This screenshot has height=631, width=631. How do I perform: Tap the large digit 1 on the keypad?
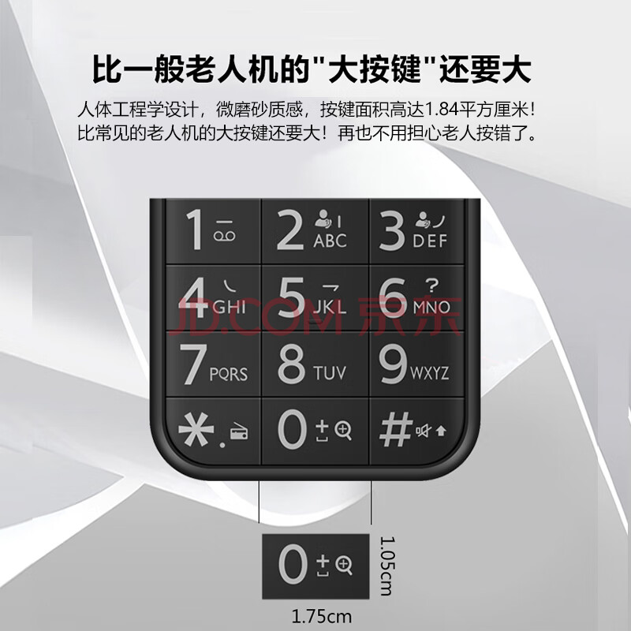coord(196,230)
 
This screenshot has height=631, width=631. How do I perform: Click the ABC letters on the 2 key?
coord(330,241)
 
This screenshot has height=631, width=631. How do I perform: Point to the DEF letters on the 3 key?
coord(430,241)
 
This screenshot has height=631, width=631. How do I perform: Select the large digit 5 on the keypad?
coord(292,297)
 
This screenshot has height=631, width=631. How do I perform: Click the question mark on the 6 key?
coord(431,286)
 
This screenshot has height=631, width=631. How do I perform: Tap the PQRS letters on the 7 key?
coord(229,375)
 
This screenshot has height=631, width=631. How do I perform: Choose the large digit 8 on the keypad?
coord(292,364)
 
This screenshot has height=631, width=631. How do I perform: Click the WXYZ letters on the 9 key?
coord(430,373)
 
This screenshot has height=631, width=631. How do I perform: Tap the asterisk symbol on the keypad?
coord(196,429)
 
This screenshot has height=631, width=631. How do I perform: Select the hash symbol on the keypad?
coord(396,429)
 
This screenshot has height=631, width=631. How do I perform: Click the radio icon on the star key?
coord(239,432)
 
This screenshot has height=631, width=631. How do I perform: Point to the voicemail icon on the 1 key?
coord(225,236)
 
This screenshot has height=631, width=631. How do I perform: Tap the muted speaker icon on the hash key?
coord(423,431)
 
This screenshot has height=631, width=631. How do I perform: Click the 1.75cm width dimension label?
coord(322,617)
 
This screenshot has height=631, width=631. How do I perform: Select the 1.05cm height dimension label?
coord(387,566)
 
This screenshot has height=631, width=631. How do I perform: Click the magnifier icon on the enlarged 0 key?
coord(345,566)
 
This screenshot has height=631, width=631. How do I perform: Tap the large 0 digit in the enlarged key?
coord(293,564)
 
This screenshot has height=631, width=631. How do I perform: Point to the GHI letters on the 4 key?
coord(230,308)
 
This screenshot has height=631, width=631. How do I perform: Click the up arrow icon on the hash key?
coord(441,431)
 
